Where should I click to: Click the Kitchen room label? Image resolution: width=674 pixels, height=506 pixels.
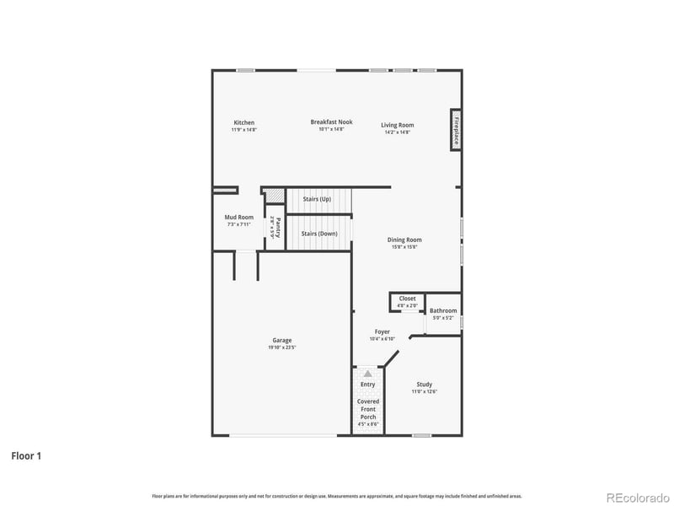[244, 122]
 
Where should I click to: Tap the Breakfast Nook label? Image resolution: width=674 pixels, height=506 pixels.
[331, 121]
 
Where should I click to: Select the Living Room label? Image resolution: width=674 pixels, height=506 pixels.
[398, 125]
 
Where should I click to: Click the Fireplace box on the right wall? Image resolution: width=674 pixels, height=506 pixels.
[455, 130]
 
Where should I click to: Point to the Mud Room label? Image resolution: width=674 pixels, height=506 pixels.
[238, 217]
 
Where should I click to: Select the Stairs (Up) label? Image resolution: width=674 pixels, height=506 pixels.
[316, 200]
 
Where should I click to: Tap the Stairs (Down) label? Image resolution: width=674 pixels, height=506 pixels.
[319, 233]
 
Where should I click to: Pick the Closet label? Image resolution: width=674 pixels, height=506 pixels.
[407, 299]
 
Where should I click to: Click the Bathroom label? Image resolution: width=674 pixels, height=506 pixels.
[443, 310]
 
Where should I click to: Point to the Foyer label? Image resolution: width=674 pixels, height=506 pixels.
[382, 331]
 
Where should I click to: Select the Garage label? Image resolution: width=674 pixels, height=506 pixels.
[281, 340]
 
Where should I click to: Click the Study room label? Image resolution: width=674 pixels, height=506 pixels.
[424, 384]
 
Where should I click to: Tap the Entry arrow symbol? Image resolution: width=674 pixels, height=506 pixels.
[367, 373]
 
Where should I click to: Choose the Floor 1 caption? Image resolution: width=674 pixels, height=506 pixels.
[26, 455]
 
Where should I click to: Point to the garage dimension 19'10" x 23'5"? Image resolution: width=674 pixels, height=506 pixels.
[281, 347]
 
